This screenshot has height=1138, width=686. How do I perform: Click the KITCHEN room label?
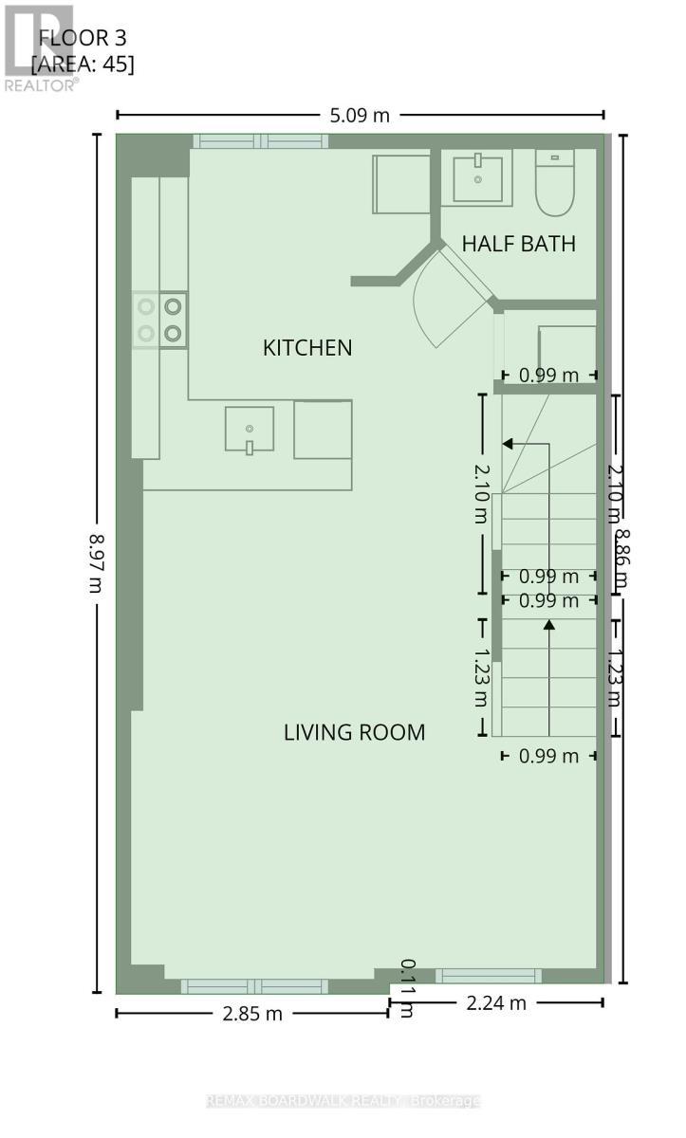coord(306,348)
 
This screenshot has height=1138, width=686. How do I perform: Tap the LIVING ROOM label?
coord(354,732)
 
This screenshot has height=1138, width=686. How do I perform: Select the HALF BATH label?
coord(518,244)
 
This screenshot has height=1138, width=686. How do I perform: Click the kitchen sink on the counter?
coord(250,431)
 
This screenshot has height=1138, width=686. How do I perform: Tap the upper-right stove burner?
coord(174,306)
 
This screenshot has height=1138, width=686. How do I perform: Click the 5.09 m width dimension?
coord(359,116)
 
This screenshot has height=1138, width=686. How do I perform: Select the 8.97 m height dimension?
coord(96,562)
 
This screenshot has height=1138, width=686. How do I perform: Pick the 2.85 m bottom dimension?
coord(251,1013)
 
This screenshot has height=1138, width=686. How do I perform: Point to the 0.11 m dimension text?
coord(407,987)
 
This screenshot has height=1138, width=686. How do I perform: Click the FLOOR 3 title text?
coord(82,39)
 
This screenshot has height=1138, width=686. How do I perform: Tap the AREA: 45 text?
coord(83,64)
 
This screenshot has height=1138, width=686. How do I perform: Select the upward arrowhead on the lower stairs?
coord(549,624)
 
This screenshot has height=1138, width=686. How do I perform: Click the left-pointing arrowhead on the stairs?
coord(508,443)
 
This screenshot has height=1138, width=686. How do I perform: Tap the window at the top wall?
coord(260,141)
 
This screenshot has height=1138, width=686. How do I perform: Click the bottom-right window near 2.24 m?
coord(488,975)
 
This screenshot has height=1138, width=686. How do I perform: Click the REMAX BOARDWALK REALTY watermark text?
coord(343,1101)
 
